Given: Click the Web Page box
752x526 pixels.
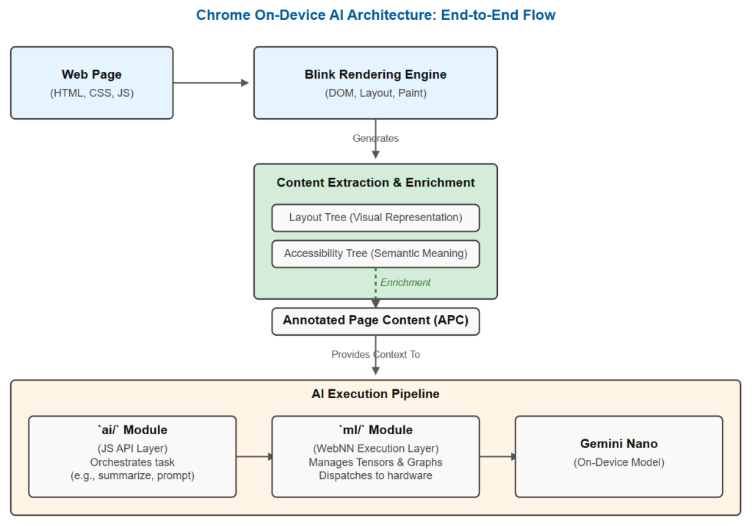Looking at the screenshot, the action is [92, 82].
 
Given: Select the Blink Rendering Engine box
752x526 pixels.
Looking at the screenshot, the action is [375, 82].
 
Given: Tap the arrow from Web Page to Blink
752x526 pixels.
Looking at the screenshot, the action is [211, 82].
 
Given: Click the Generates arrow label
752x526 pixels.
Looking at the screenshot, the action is [375, 138].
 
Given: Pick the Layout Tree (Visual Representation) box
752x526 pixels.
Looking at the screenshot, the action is [375, 218].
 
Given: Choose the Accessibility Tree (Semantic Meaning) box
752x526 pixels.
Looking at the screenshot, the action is [375, 254].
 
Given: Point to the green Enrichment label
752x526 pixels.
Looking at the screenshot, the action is [405, 282].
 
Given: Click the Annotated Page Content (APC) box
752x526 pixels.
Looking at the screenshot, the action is [375, 321].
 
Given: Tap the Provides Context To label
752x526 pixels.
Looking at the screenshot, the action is [375, 354].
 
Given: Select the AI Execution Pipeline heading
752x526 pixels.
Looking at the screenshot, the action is [375, 394].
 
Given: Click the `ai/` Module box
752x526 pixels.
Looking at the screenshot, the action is [132, 456].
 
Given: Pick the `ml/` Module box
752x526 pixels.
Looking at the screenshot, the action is [375, 456].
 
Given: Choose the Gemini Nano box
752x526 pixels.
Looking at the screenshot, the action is [618, 456].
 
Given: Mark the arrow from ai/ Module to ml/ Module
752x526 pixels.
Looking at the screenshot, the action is [254, 456].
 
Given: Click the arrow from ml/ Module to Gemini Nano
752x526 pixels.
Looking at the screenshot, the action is [497, 456].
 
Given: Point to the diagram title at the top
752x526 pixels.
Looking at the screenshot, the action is [375, 15].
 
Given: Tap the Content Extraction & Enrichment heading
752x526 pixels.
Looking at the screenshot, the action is [375, 182].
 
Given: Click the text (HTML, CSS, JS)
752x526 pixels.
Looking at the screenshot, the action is [92, 93].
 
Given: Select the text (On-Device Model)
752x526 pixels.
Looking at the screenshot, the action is [618, 462].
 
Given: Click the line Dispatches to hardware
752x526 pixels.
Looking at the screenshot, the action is [375, 475].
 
